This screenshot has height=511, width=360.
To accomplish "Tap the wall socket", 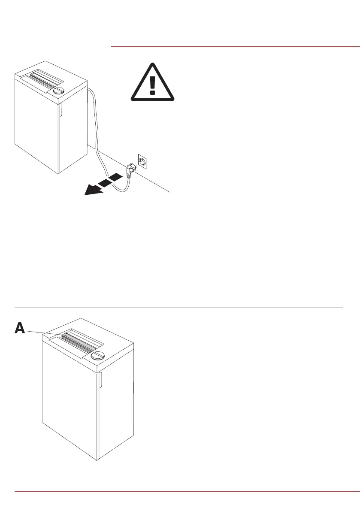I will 143,161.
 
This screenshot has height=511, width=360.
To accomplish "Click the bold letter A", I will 20,328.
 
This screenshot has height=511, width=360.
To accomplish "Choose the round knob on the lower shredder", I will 98,355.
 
